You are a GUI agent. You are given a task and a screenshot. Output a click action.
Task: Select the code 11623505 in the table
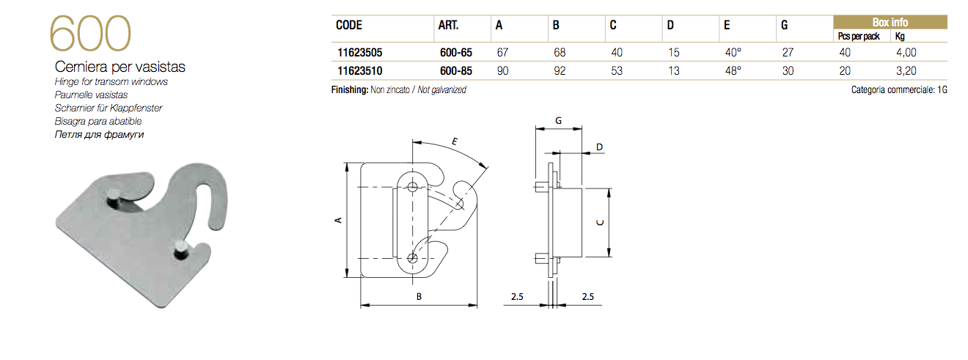(x=359, y=53)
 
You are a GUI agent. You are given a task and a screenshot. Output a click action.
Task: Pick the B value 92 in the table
(x=558, y=71)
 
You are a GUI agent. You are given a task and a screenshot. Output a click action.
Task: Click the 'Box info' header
(x=890, y=23)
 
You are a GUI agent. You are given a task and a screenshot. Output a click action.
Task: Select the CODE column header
(x=349, y=25)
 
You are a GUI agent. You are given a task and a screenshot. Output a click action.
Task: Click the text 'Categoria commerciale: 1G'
(x=898, y=90)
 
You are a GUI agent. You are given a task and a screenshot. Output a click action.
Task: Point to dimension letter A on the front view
(x=337, y=219)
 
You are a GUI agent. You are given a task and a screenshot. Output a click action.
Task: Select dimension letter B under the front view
(x=419, y=297)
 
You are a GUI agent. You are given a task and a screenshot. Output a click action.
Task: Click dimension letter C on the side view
(x=600, y=223)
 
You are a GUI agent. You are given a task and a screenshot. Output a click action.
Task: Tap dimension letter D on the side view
(x=599, y=147)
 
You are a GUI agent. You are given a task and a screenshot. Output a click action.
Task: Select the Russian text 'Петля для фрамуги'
(x=98, y=134)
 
